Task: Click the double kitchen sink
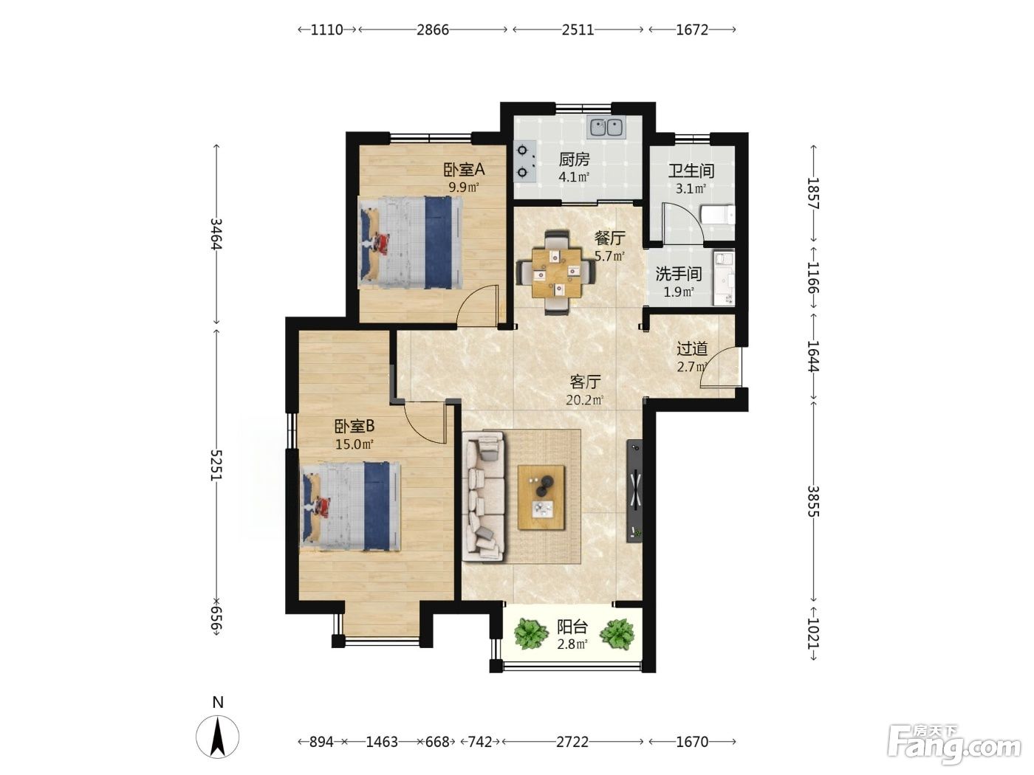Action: click(x=606, y=127)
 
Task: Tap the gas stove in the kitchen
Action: click(x=524, y=162)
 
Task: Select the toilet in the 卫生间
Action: click(x=717, y=215)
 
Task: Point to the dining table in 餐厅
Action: click(x=556, y=272)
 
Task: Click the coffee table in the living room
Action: click(x=541, y=497)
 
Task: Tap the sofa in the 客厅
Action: click(x=485, y=497)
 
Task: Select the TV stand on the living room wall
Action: click(x=634, y=491)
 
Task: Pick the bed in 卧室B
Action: click(x=350, y=506)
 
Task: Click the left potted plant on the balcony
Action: click(x=530, y=633)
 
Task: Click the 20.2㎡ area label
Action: click(x=585, y=400)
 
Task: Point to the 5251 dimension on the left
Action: click(x=216, y=465)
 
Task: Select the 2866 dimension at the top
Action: click(x=433, y=30)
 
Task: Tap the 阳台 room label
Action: click(x=572, y=627)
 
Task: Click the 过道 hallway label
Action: click(x=692, y=348)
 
